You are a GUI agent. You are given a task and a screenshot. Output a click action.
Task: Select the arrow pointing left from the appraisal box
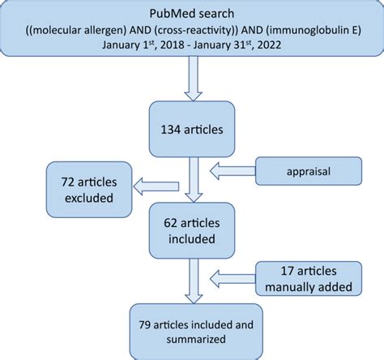[x=234, y=173]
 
